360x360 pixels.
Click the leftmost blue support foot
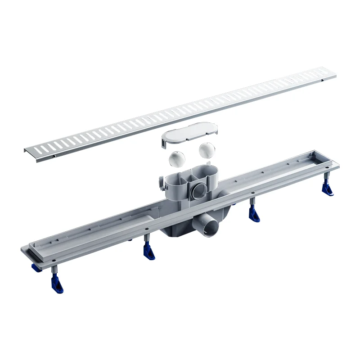pyautogui.click(x=57, y=285)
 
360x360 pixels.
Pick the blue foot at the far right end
pyautogui.click(x=328, y=189)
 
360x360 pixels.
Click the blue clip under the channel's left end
pyautogui.click(x=35, y=269)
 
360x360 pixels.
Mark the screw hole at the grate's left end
pyautogui.click(x=53, y=157)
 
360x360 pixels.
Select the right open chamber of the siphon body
pyautogui.click(x=207, y=171)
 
